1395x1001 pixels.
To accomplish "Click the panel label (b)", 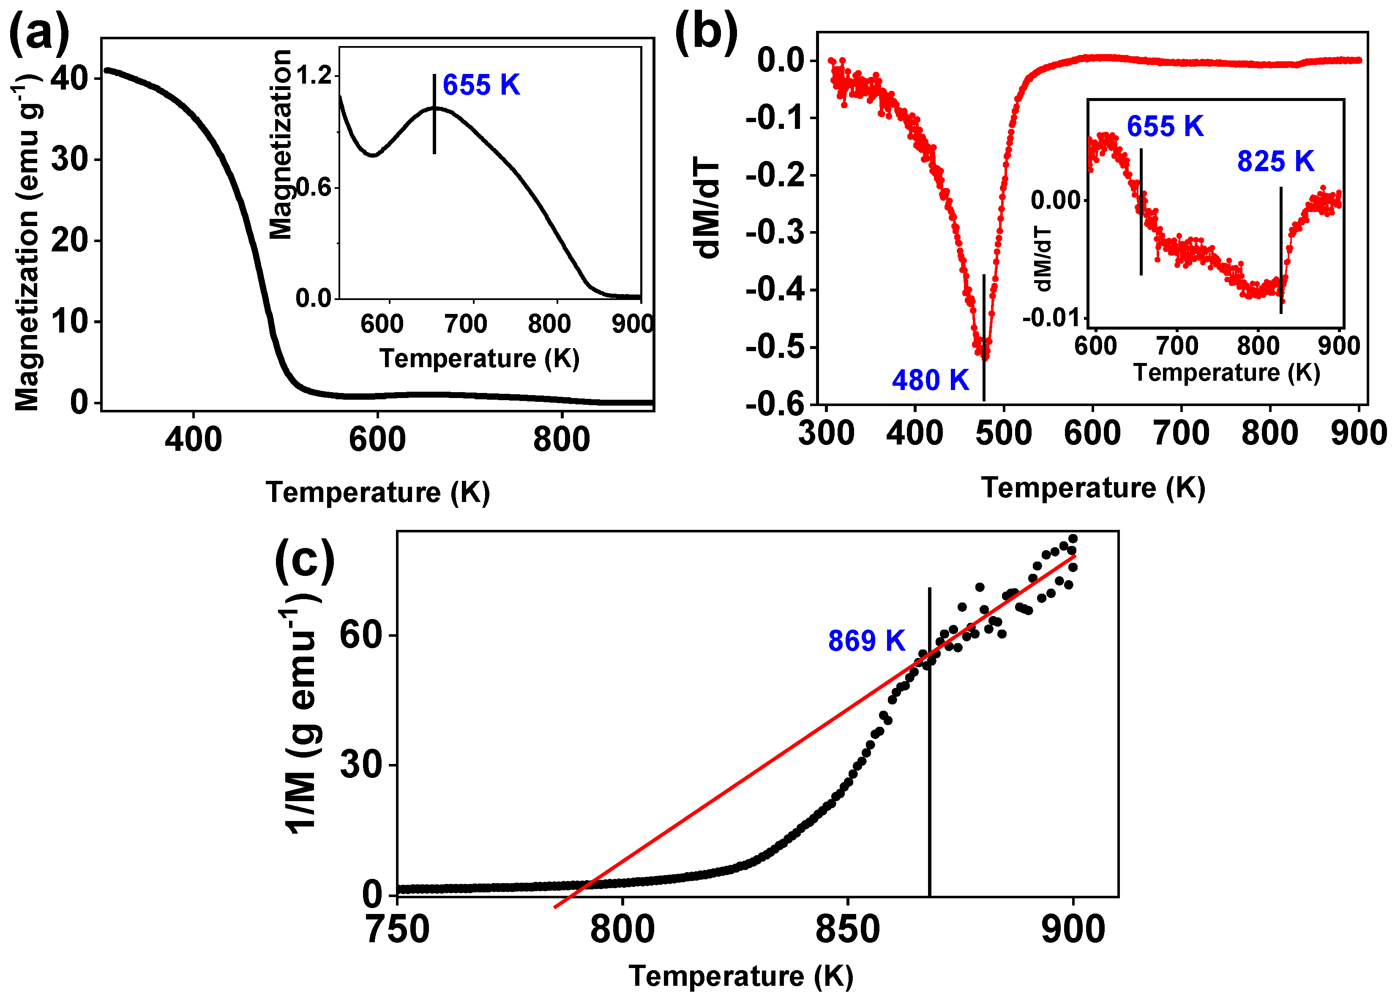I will point(706,32).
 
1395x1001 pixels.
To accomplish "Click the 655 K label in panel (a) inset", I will point(481,85).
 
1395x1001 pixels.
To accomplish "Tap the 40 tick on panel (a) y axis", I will point(69,78).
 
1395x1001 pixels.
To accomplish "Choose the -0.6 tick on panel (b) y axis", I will point(775,404).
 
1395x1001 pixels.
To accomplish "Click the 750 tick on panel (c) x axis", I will point(397,930).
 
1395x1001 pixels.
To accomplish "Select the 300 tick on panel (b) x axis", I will point(826,432).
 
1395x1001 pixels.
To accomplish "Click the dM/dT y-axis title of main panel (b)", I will point(706,209).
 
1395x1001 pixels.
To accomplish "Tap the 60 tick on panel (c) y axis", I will point(362,635).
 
